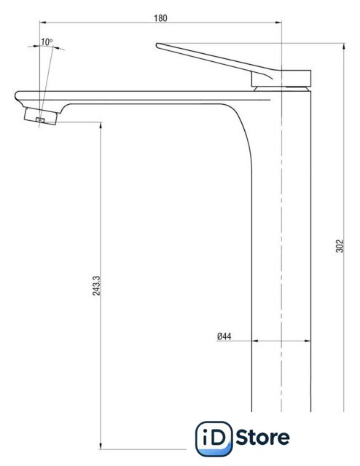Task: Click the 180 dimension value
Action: point(160,18)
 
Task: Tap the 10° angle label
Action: point(47,42)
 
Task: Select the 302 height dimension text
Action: point(340,246)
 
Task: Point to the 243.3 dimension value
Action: point(96,285)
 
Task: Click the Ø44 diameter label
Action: point(224,336)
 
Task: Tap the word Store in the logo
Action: point(262,437)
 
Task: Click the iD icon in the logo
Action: point(214,438)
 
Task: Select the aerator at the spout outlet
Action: point(41,116)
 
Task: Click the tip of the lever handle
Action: point(157,45)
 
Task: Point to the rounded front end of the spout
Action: point(16,95)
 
